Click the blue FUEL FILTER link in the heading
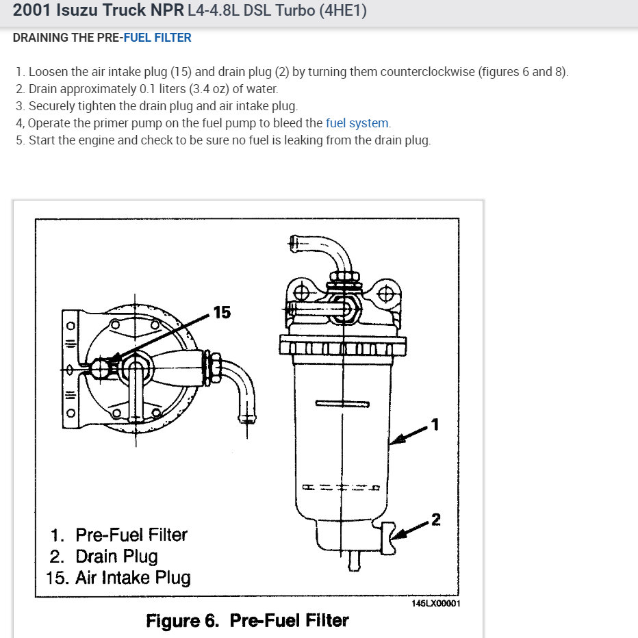[157, 38]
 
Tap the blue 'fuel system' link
[357, 123]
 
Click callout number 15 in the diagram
[222, 312]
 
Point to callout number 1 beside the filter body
[435, 425]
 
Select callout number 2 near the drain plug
[435, 520]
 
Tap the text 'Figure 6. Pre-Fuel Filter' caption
[247, 620]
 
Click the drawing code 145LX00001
[436, 604]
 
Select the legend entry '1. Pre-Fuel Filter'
[118, 534]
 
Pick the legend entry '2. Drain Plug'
[103, 556]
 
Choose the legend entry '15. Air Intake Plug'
[118, 577]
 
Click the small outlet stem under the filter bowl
[354, 560]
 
